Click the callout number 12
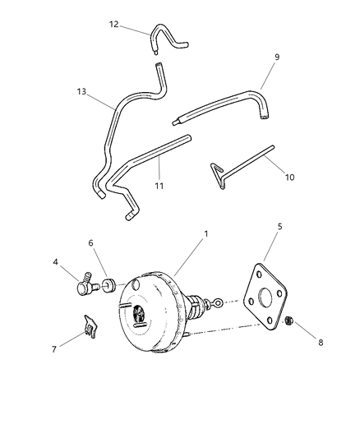point(114,24)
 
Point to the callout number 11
point(159,186)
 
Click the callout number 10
point(289,176)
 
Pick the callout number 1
point(205,233)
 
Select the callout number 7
point(56,348)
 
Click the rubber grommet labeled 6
point(106,287)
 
